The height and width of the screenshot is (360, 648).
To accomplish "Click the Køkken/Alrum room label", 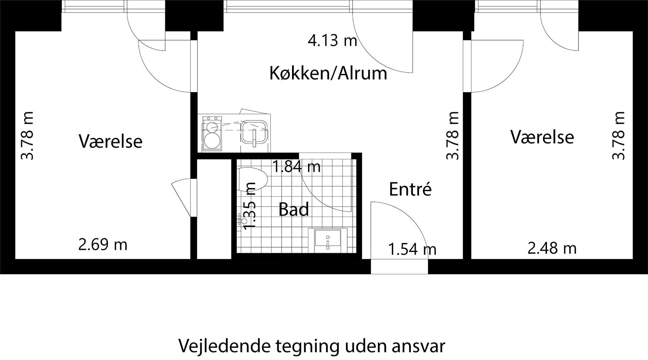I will pos(328,73).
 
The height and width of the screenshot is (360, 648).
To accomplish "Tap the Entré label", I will pos(410,189).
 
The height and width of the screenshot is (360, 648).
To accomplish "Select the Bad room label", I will pos(294,209).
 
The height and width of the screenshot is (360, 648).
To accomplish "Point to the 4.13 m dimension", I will pos(332,41).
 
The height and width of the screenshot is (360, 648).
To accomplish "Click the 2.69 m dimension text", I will pos(103,245).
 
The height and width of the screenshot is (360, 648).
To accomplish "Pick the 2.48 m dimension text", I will pos(552,248).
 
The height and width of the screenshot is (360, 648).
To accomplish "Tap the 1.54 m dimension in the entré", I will pos(412,249).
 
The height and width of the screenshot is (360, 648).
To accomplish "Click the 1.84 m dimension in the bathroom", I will pos(297,166).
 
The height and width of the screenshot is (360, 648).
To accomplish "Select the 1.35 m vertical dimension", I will pos(250,206).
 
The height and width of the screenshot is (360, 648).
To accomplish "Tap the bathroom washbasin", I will pos(328,239).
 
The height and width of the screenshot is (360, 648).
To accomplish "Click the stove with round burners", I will pos(212,134).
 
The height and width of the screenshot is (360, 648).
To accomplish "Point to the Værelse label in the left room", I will pos(111,141).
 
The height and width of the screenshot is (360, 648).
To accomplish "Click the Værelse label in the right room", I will pos(542,137).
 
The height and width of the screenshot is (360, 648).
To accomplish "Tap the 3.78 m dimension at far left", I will pos(27,136).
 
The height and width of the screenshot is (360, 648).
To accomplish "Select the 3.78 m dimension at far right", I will pos(619,136).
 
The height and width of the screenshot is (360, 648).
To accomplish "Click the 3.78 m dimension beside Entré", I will pos(452,136).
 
